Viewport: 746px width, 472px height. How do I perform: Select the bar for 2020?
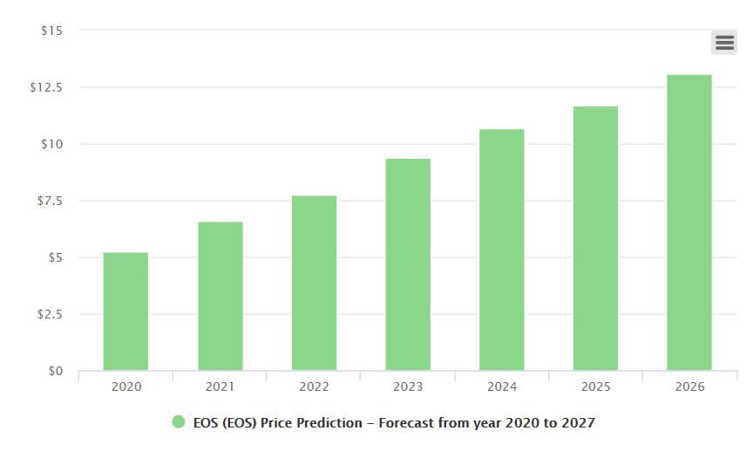(125, 311)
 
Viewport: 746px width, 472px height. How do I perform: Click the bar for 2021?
(220, 297)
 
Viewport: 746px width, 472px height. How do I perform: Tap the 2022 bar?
(314, 284)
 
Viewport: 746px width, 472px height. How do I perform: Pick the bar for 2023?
(408, 265)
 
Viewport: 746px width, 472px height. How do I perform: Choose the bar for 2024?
(502, 250)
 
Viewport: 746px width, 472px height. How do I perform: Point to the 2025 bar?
(595, 239)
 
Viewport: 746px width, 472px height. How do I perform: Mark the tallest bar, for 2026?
(689, 223)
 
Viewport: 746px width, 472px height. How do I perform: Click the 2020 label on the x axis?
(125, 386)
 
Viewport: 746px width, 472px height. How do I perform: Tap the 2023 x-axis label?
(408, 386)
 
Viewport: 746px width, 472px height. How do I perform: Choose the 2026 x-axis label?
(689, 386)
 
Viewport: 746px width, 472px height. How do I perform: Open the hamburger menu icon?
(723, 42)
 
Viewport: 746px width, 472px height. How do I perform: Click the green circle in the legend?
(179, 422)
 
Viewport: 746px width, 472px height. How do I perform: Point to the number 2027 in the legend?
(579, 423)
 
